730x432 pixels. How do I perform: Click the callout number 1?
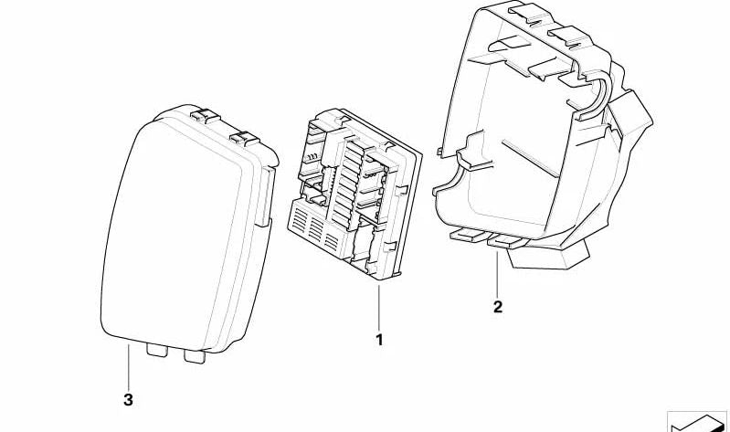(379, 340)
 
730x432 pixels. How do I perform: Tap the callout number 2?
(498, 307)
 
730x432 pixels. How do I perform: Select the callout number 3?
(128, 399)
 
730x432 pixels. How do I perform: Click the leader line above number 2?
(498, 273)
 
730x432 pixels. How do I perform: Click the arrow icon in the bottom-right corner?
(698, 422)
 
